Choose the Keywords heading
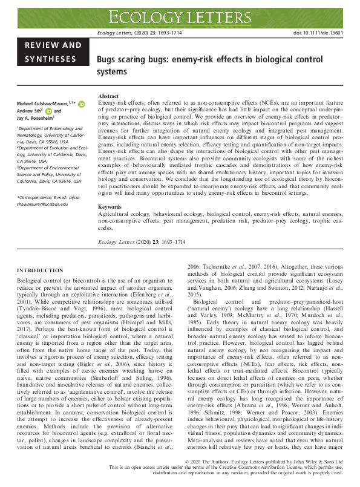110,207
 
